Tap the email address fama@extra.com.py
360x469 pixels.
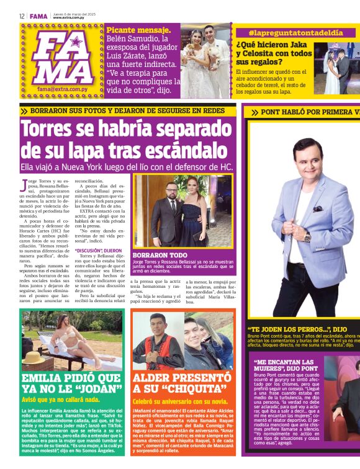[x=62, y=89]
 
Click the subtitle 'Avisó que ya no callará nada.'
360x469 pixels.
[x=60, y=400]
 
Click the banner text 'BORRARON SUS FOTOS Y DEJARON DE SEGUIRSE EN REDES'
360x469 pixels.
[x=127, y=110]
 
